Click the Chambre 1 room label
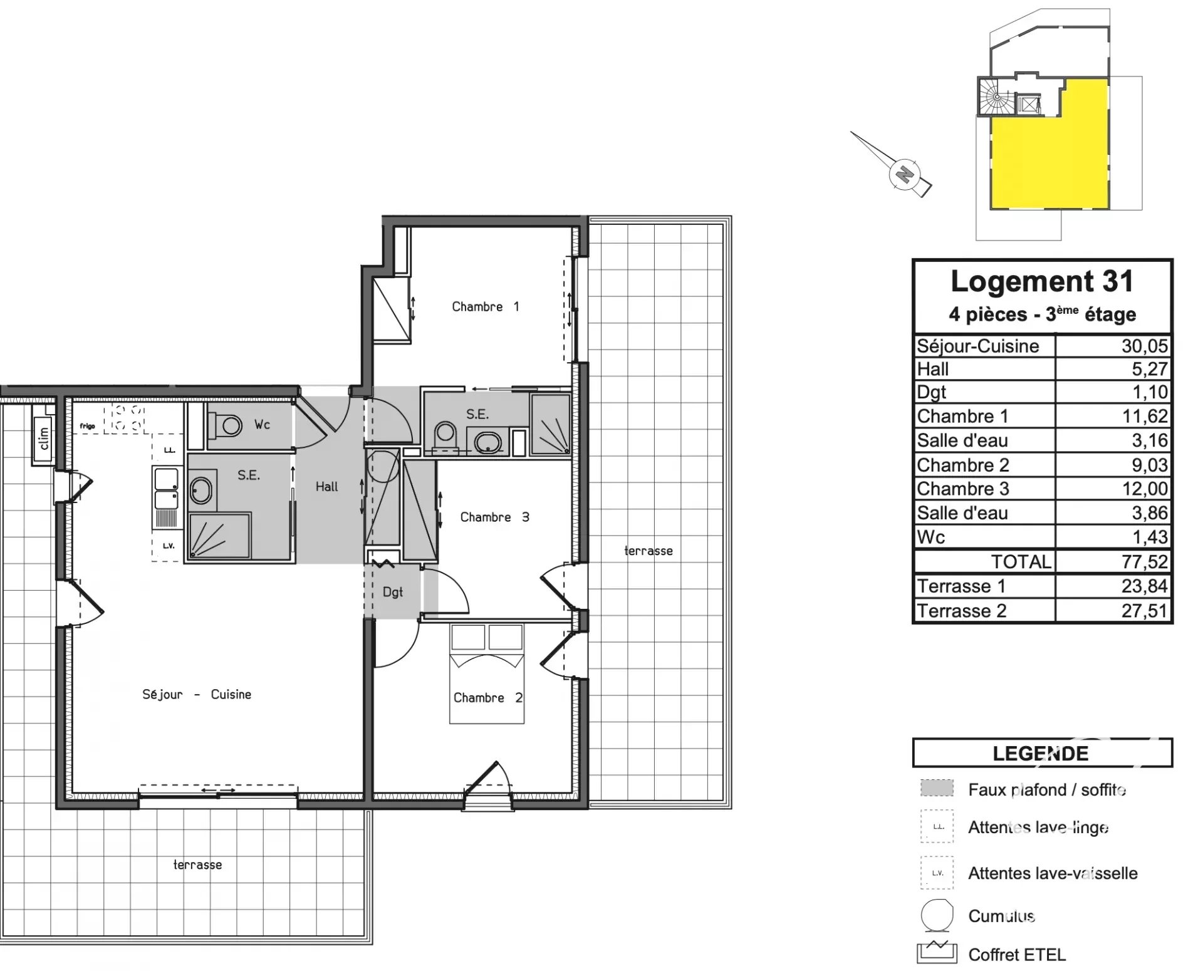[486, 307]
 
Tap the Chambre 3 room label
[494, 517]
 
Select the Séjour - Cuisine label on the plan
[197, 694]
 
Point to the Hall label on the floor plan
[326, 487]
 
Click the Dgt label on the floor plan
[393, 592]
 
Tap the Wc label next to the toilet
[262, 425]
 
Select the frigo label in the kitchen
[87, 426]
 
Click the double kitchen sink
[166, 489]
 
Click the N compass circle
[904, 174]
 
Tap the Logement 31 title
[1043, 281]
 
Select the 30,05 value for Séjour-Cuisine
[1145, 346]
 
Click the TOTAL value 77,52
[1145, 561]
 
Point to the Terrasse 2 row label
[962, 610]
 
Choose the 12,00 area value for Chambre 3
[1145, 489]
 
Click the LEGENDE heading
[1041, 753]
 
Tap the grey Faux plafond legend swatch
[937, 788]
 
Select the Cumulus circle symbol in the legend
[937, 915]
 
